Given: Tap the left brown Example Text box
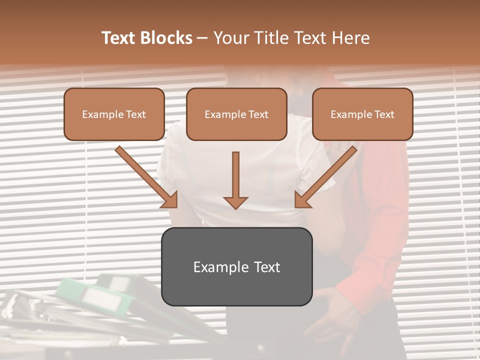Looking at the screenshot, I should [x=114, y=114].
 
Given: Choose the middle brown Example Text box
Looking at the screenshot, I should [x=236, y=114].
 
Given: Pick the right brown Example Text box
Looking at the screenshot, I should [x=362, y=114].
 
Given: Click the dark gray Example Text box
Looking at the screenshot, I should [x=236, y=266].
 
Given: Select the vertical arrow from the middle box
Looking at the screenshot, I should [x=235, y=180].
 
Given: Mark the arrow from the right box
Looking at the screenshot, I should [x=325, y=177].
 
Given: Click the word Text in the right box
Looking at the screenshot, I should [x=383, y=114].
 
